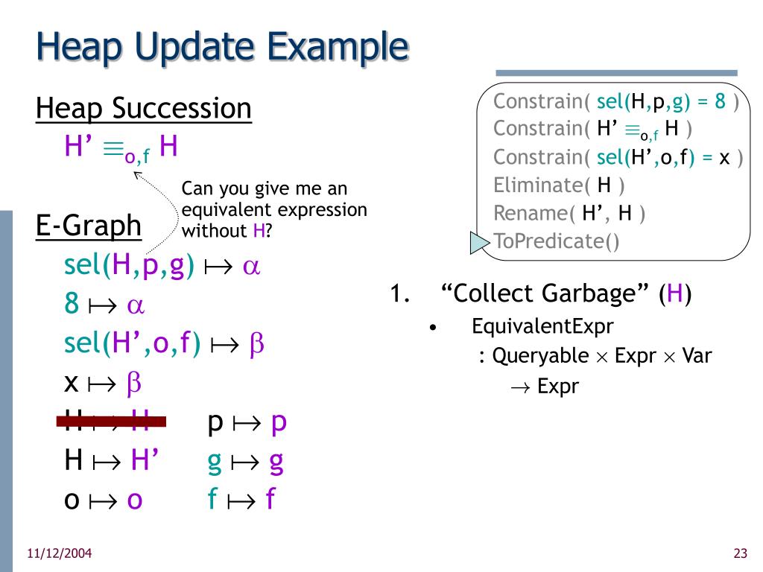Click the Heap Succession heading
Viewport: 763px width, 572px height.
pos(144,109)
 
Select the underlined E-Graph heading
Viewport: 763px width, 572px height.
pos(89,225)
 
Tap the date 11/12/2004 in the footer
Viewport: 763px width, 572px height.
pos(60,553)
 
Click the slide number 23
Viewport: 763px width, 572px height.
pos(740,553)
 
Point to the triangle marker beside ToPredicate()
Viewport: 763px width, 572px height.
pos(478,242)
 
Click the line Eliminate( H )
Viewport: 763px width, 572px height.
pos(559,185)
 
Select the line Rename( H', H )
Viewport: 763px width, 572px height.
pos(569,213)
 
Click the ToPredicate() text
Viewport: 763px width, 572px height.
pos(556,241)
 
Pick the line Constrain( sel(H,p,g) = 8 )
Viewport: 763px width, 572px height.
pos(615,101)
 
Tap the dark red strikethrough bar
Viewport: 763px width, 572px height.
pos(112,422)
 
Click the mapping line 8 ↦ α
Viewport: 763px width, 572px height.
pos(104,305)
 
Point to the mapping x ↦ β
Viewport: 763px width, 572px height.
pos(103,383)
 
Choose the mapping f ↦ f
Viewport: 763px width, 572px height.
pos(241,499)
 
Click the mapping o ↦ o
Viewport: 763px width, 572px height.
pos(104,499)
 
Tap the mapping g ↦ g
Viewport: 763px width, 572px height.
pos(245,462)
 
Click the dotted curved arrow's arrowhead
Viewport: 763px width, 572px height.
pos(138,176)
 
